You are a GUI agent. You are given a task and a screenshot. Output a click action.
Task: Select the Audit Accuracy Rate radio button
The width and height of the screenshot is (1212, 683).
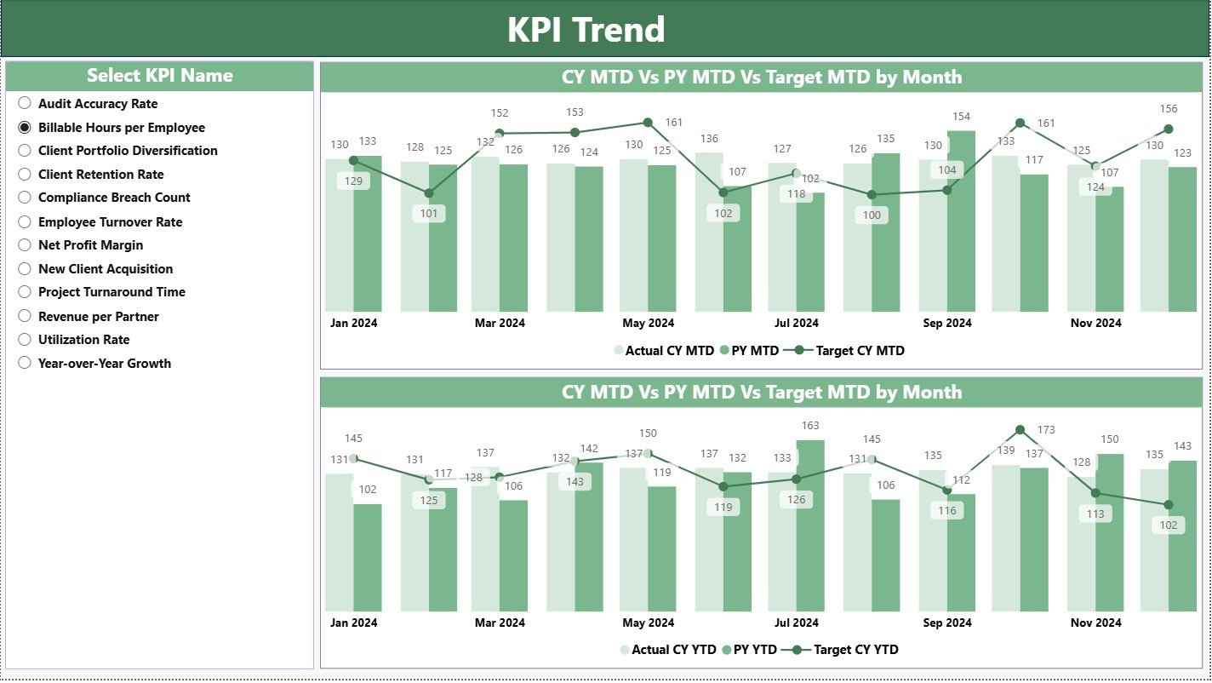point(25,103)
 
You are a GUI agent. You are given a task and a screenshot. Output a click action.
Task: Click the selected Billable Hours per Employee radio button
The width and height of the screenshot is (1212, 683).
point(25,127)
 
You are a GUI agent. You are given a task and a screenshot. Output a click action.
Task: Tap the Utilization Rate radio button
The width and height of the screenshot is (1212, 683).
point(25,339)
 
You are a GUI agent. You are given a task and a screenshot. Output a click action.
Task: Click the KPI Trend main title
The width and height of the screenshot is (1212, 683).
point(586,30)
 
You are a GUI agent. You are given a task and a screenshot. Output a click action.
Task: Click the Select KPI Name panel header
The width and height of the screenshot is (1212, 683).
point(159,76)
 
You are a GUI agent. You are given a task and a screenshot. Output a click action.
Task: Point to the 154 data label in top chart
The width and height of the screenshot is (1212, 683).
point(961,117)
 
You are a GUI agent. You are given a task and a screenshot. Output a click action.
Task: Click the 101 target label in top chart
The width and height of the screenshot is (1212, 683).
point(429,214)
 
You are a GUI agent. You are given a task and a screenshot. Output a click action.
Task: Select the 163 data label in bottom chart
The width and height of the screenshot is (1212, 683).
point(810,426)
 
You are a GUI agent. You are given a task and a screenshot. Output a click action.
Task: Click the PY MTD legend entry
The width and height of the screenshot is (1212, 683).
point(749,350)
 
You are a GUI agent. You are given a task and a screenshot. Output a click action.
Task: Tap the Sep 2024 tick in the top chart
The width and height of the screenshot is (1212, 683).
point(946,323)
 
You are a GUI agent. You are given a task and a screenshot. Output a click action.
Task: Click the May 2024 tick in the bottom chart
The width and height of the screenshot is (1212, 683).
point(648,623)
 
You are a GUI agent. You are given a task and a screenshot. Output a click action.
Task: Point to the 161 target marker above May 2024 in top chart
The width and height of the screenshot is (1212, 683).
point(648,123)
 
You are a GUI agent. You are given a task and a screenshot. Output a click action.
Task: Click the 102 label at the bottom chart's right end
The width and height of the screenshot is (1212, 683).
point(1168,525)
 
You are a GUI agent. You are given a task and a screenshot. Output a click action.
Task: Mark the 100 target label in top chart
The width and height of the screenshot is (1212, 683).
point(872,215)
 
